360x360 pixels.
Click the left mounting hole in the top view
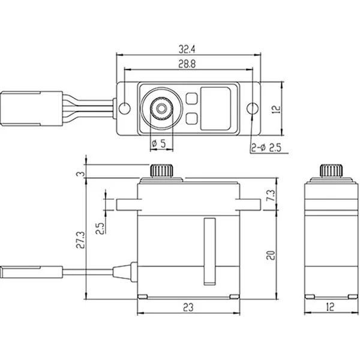tap(125, 109)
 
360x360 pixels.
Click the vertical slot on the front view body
tap(209, 251)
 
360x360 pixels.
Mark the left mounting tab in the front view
tap(127, 205)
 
